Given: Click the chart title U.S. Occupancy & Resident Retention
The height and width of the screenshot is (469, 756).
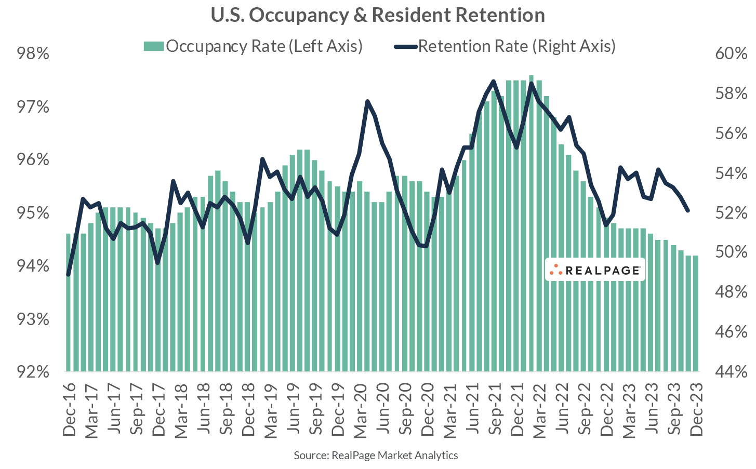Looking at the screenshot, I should click(x=378, y=15).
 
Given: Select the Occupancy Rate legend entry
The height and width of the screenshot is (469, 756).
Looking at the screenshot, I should click(x=253, y=46).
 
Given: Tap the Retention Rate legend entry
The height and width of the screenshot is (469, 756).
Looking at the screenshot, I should click(x=505, y=46).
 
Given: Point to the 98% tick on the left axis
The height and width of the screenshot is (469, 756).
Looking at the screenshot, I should click(x=33, y=53).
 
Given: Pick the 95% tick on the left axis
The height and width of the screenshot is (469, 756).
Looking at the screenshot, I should click(x=33, y=212).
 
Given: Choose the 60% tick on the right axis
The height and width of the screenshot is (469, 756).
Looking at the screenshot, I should click(x=731, y=53).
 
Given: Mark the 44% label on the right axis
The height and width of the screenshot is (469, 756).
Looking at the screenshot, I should click(x=731, y=371).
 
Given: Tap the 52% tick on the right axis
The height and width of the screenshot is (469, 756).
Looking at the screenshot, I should click(x=731, y=212).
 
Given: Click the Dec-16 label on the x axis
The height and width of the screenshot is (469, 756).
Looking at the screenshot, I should click(x=69, y=410).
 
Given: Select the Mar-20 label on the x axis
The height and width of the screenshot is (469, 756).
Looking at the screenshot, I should click(x=361, y=410).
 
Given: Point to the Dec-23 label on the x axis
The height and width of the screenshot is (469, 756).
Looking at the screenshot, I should click(x=696, y=410).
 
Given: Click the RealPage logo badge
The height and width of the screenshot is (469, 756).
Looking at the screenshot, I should click(x=595, y=270).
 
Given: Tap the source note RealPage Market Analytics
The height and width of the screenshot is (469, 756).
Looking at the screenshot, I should click(x=376, y=455).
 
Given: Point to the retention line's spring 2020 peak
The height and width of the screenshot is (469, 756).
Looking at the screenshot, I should click(x=367, y=101).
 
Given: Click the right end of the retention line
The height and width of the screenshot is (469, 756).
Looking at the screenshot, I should click(x=688, y=210).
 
